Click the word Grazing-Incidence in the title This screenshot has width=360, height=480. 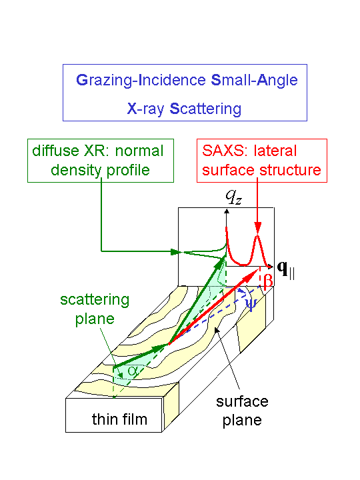[141, 81]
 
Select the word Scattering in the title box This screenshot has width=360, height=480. [205, 109]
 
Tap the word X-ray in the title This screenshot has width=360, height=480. [145, 109]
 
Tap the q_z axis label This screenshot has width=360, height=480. [234, 197]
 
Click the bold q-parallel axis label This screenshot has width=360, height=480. [285, 270]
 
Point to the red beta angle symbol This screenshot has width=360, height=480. [267, 279]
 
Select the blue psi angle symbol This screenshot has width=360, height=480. [251, 304]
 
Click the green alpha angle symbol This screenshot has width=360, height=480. [133, 371]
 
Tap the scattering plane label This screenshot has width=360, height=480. [95, 309]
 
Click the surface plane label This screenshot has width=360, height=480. [242, 411]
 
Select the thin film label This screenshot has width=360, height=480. [120, 419]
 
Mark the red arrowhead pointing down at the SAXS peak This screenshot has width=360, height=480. [258, 228]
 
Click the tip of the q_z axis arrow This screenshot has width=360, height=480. [227, 209]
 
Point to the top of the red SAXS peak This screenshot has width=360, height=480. [258, 235]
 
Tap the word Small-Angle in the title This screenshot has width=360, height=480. [255, 81]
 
